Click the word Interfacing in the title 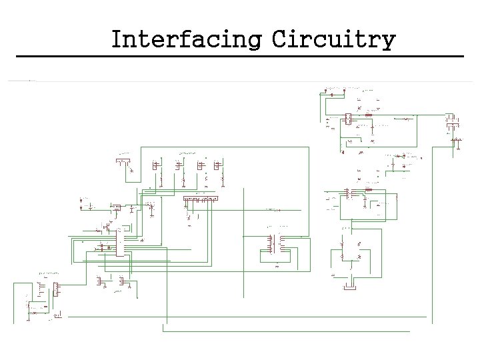(x=186, y=39)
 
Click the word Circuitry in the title (x=333, y=39)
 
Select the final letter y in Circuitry (x=387, y=41)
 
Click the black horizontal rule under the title (x=240, y=56)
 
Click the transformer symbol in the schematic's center (x=275, y=243)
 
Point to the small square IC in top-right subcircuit (x=347, y=119)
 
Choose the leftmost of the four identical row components (x=157, y=165)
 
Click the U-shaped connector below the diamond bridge (x=348, y=287)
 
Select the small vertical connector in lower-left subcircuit (x=57, y=289)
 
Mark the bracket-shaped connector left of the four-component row (x=123, y=161)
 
